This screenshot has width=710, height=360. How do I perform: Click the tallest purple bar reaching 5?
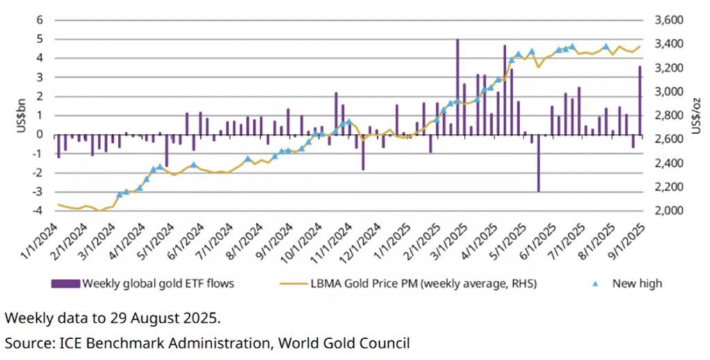pyautogui.click(x=458, y=87)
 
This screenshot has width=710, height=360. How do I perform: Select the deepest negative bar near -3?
pyautogui.click(x=538, y=163)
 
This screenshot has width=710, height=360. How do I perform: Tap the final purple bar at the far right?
pyautogui.click(x=639, y=100)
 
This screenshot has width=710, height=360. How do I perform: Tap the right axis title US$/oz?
pyautogui.click(x=695, y=115)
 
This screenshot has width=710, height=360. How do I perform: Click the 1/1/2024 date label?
pyautogui.click(x=40, y=240)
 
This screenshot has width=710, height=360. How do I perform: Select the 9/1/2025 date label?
pyautogui.click(x=626, y=240)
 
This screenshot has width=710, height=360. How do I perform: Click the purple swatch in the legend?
pyautogui.click(x=65, y=283)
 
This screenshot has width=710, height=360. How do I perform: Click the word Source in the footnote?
pyautogui.click(x=26, y=343)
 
